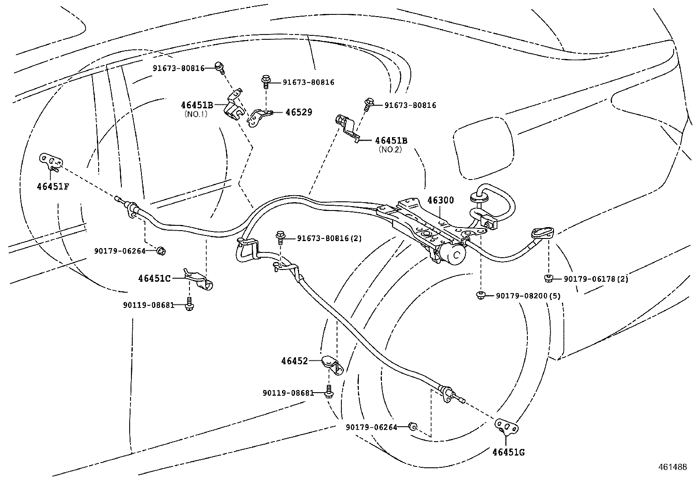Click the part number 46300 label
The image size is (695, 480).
pyautogui.click(x=440, y=200)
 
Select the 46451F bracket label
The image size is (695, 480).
pyautogui.click(x=53, y=186)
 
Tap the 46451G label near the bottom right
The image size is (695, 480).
pyautogui.click(x=509, y=452)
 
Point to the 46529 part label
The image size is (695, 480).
pyautogui.click(x=299, y=112)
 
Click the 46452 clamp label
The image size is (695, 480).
pyautogui.click(x=295, y=361)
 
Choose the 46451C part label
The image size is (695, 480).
pyautogui.click(x=155, y=278)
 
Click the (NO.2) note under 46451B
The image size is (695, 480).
pyautogui.click(x=390, y=149)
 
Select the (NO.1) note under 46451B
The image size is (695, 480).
pyautogui.click(x=196, y=114)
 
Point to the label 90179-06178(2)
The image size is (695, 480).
pyautogui.click(x=595, y=279)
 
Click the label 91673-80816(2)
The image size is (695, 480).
pyautogui.click(x=329, y=238)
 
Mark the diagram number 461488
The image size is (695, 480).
pyautogui.click(x=675, y=466)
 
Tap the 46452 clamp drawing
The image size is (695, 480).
pyautogui.click(x=334, y=365)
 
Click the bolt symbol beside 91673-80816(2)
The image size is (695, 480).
pyautogui.click(x=280, y=238)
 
